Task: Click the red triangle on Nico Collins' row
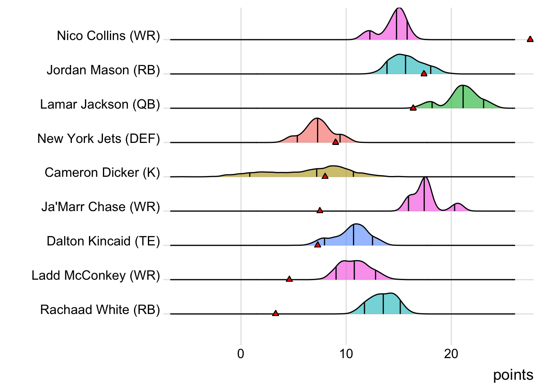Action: pyautogui.click(x=530, y=39)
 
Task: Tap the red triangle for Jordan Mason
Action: pyautogui.click(x=424, y=73)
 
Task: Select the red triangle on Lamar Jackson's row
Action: pyautogui.click(x=413, y=108)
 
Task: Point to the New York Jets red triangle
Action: pyautogui.click(x=335, y=142)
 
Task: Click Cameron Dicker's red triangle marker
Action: pyautogui.click(x=325, y=176)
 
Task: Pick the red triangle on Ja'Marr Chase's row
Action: pyautogui.click(x=320, y=210)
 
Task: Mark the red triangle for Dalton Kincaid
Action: pyautogui.click(x=317, y=245)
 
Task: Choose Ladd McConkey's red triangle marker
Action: pyautogui.click(x=289, y=279)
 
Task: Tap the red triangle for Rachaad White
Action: pyautogui.click(x=275, y=313)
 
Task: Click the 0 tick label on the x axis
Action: pyautogui.click(x=241, y=354)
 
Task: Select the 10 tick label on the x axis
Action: pyautogui.click(x=346, y=354)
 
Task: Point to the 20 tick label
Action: pyautogui.click(x=451, y=354)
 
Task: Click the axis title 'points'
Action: pyautogui.click(x=513, y=375)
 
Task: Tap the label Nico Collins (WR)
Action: pyautogui.click(x=108, y=36)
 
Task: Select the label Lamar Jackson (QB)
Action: pyautogui.click(x=100, y=105)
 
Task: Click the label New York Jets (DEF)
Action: pyautogui.click(x=98, y=139)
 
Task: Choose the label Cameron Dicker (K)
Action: pyautogui.click(x=102, y=173)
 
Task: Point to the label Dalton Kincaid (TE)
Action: pyautogui.click(x=103, y=241)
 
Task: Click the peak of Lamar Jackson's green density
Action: pyautogui.click(x=462, y=86)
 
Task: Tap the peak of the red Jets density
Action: pyautogui.click(x=317, y=118)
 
